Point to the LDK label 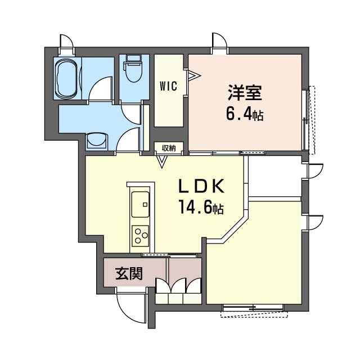pos(202,186)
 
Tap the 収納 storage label pos(169,148)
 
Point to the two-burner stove pos(140,235)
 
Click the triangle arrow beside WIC pos(193,74)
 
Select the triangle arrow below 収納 pos(162,162)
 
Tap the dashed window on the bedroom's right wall pos(309,120)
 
